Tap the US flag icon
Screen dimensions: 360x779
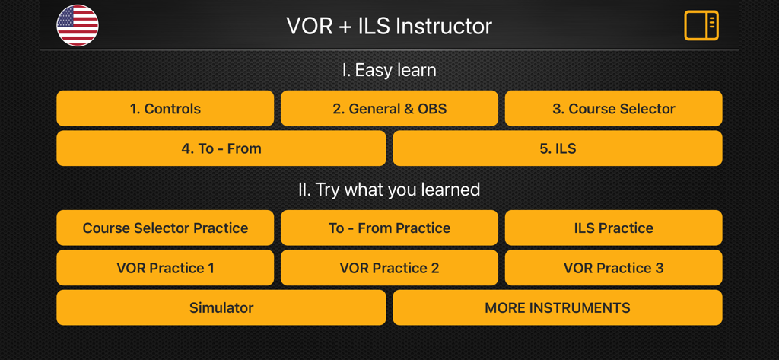[x=78, y=25]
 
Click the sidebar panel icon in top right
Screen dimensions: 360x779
[x=701, y=25]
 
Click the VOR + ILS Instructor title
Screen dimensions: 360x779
[x=389, y=26]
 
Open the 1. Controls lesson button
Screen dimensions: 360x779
[x=165, y=109]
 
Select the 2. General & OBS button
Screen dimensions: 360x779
[x=389, y=109]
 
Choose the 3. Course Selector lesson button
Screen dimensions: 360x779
[x=613, y=109]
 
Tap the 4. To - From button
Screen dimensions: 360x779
[x=221, y=148]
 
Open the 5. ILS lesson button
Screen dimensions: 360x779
[x=558, y=148]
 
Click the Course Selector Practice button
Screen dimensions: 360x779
[x=165, y=228]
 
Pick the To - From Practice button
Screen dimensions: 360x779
[x=389, y=228]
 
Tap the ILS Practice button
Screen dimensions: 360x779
[x=613, y=228]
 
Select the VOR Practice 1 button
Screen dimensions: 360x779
[x=165, y=268]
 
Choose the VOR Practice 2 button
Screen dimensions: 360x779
[x=389, y=268]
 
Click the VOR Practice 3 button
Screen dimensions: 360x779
[x=613, y=268]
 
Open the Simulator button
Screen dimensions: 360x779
[x=221, y=308]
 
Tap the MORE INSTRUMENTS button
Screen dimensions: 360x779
[x=558, y=308]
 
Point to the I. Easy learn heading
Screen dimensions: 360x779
[x=389, y=70]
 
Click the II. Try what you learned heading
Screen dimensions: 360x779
[x=389, y=189]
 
